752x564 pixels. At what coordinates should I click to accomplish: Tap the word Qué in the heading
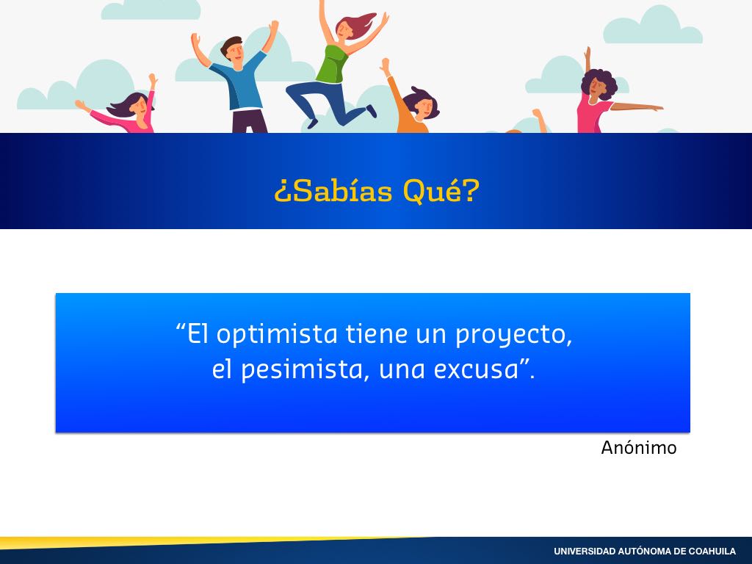click(433, 191)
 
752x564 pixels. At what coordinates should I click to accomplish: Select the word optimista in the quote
click(277, 334)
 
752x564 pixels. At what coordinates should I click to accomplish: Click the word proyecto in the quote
click(513, 334)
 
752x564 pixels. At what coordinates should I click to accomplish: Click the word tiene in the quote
click(377, 333)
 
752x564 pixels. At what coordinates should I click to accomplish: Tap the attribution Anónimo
click(639, 447)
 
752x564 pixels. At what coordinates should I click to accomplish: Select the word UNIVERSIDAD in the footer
click(584, 552)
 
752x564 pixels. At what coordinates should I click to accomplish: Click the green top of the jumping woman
click(332, 65)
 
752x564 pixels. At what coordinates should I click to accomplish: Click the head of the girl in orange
click(421, 103)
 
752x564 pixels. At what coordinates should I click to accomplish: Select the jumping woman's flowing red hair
click(358, 24)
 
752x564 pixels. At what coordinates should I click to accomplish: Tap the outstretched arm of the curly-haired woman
click(637, 106)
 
